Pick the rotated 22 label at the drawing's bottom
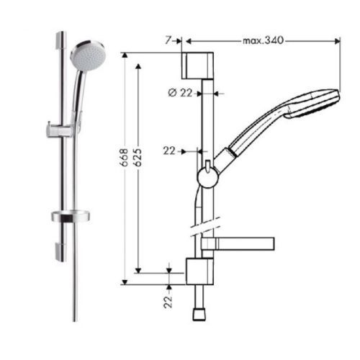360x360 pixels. click(x=168, y=298)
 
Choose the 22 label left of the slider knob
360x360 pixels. click(x=169, y=151)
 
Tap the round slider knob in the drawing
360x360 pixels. click(x=207, y=177)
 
